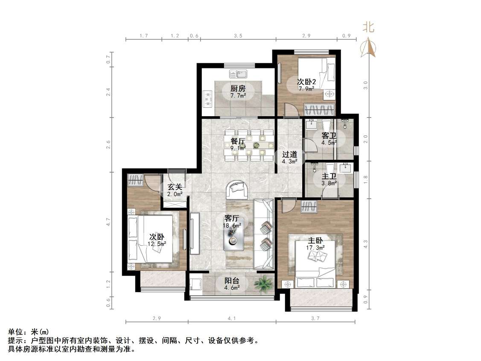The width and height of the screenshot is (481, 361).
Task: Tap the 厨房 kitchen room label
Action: coord(238,89)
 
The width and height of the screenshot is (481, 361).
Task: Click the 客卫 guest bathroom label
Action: coord(329,136)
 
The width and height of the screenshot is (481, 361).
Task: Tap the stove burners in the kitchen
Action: coord(209,98)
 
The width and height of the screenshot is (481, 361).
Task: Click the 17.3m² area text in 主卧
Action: coord(315,247)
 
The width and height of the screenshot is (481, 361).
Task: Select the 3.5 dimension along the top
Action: coord(238,36)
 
